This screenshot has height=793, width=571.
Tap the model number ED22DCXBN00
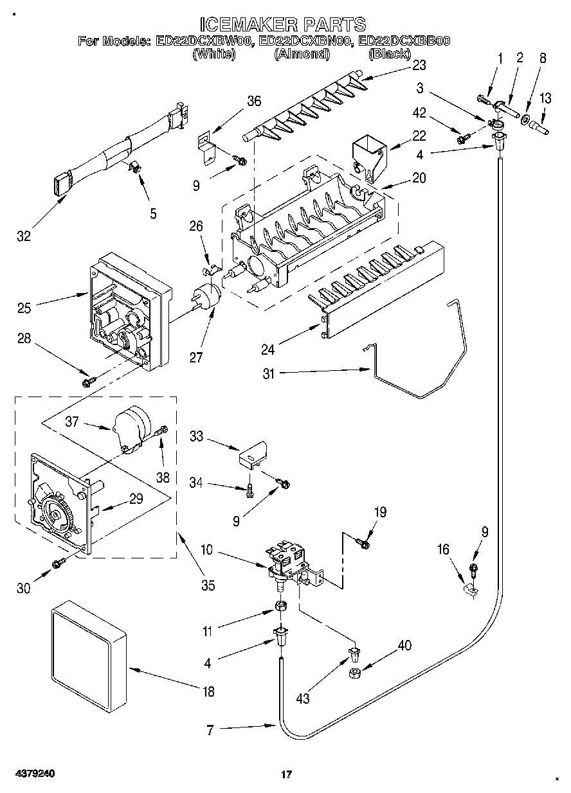(x=305, y=41)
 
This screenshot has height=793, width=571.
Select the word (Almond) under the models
(x=302, y=54)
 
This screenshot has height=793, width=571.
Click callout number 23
(x=419, y=66)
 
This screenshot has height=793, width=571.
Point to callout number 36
(x=254, y=102)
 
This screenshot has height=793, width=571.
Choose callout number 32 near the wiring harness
(x=24, y=236)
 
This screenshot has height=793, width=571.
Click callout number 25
(x=24, y=308)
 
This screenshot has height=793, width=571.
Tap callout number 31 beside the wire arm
(x=269, y=373)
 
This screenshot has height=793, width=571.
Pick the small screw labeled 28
(x=89, y=382)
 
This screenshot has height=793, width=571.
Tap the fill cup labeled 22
(x=370, y=156)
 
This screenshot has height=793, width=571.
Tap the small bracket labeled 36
(x=206, y=149)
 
